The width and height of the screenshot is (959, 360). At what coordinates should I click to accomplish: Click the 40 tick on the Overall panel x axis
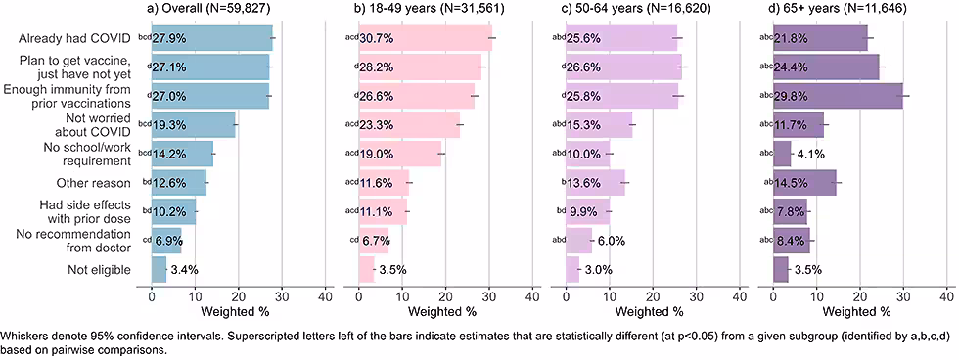tap(325, 295)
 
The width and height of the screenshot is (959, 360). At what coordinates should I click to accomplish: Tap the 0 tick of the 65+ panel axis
tap(773, 295)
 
